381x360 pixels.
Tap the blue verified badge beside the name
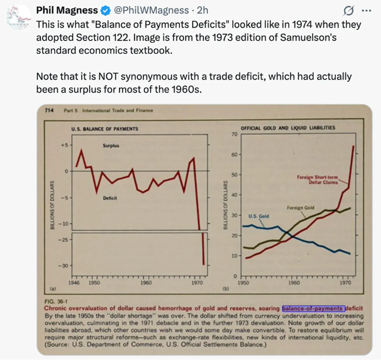103,10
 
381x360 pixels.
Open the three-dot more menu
367,10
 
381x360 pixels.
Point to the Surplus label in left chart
111,145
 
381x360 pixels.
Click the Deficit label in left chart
110,198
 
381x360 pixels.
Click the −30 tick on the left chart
64,266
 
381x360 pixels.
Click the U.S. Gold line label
258,216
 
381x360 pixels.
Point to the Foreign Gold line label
301,208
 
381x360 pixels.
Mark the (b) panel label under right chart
226,289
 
